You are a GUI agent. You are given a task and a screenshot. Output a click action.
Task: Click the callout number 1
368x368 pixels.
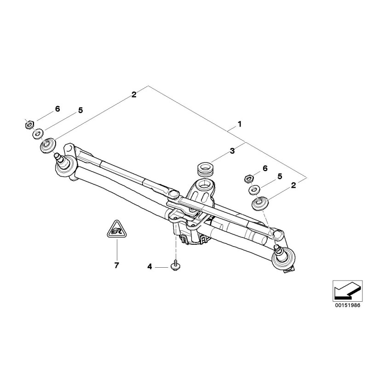click(x=239, y=124)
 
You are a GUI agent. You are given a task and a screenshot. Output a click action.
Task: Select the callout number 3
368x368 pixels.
click(x=232, y=151)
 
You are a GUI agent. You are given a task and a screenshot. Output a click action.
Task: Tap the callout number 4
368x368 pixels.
click(x=149, y=266)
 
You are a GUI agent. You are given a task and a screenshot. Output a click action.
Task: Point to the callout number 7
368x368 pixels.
click(x=116, y=265)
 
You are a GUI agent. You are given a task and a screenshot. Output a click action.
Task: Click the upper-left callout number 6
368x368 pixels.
click(x=57, y=109)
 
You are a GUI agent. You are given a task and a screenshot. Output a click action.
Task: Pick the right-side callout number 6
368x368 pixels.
click(x=265, y=168)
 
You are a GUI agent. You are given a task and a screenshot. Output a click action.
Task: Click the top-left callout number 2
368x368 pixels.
click(x=133, y=95)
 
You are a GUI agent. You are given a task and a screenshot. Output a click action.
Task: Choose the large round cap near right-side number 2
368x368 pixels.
click(x=261, y=203)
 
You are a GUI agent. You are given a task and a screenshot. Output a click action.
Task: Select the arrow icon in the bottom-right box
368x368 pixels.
click(x=344, y=289)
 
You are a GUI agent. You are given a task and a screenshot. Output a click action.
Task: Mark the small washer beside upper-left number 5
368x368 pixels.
click(x=36, y=134)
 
